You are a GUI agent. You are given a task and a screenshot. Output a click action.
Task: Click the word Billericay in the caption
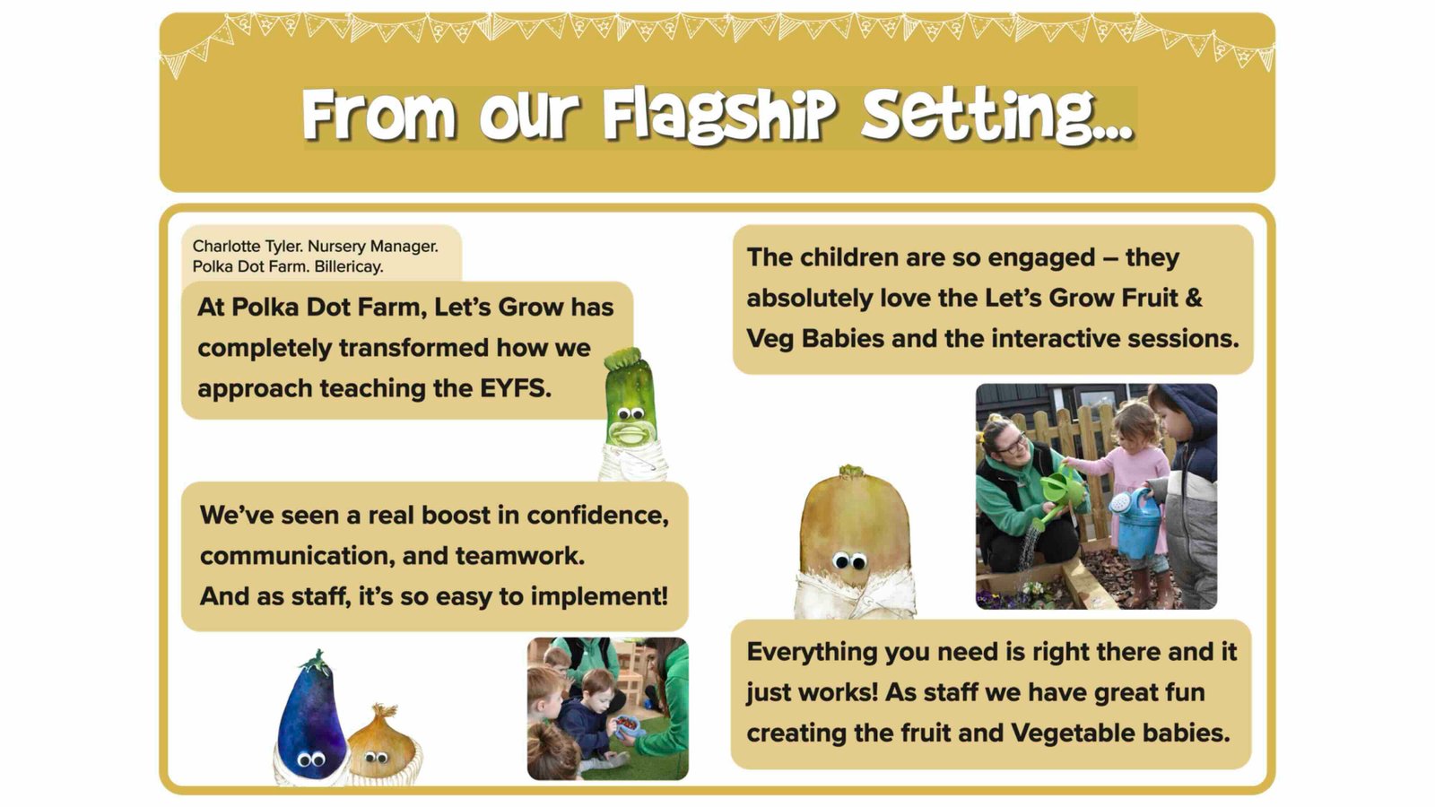[349, 266]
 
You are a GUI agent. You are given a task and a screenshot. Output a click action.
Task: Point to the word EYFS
[516, 388]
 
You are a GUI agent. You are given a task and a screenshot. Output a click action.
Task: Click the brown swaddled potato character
[854, 542]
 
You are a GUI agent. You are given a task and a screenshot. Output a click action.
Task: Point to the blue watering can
[1134, 520]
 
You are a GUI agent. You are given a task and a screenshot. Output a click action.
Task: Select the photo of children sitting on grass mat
[607, 708]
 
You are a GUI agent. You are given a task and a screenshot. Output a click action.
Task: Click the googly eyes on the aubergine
[311, 759]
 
